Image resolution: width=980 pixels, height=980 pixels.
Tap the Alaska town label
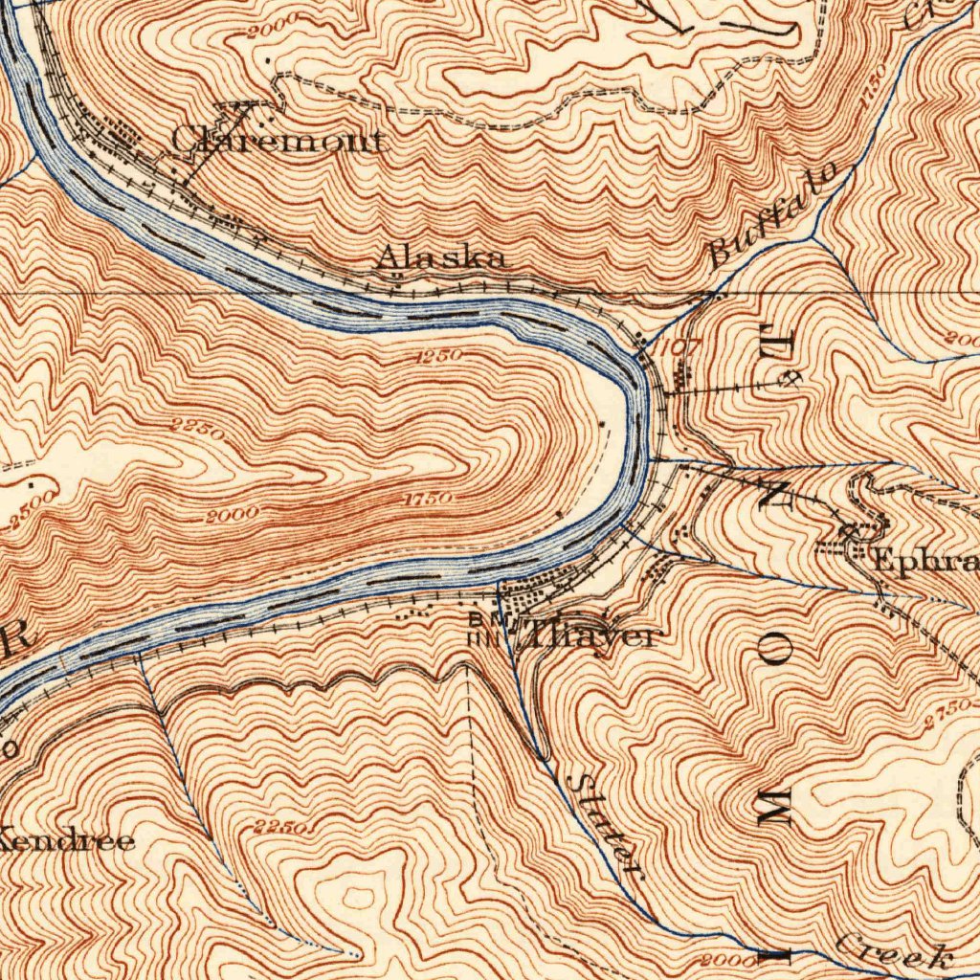coord(439,256)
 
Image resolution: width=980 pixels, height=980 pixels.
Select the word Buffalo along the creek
coord(776,214)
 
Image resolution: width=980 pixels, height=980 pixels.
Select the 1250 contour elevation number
coord(439,355)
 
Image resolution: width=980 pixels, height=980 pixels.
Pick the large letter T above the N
coord(771,340)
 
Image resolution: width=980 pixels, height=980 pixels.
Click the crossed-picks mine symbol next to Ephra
coord(848,529)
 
